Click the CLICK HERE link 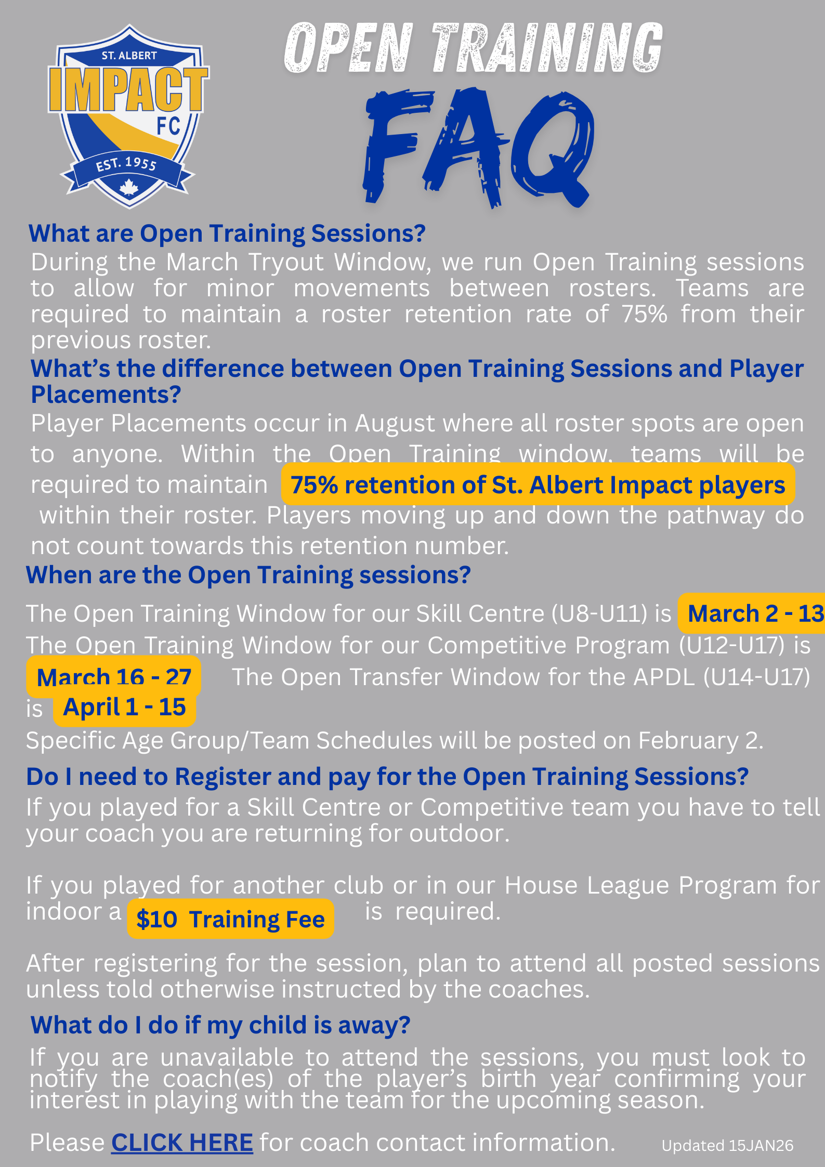coord(182,1143)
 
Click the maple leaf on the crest coord(128,187)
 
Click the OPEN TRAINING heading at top coord(474,48)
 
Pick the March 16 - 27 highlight coord(114,677)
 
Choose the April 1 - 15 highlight coord(124,707)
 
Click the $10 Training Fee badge coord(230,919)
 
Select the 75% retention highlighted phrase coord(538,484)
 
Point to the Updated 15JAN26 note coord(727,1146)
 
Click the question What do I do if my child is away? coord(220,1025)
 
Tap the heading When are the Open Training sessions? coord(248,575)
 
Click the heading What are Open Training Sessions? coord(227,233)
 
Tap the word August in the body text coord(395,424)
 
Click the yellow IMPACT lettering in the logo coord(128,89)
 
